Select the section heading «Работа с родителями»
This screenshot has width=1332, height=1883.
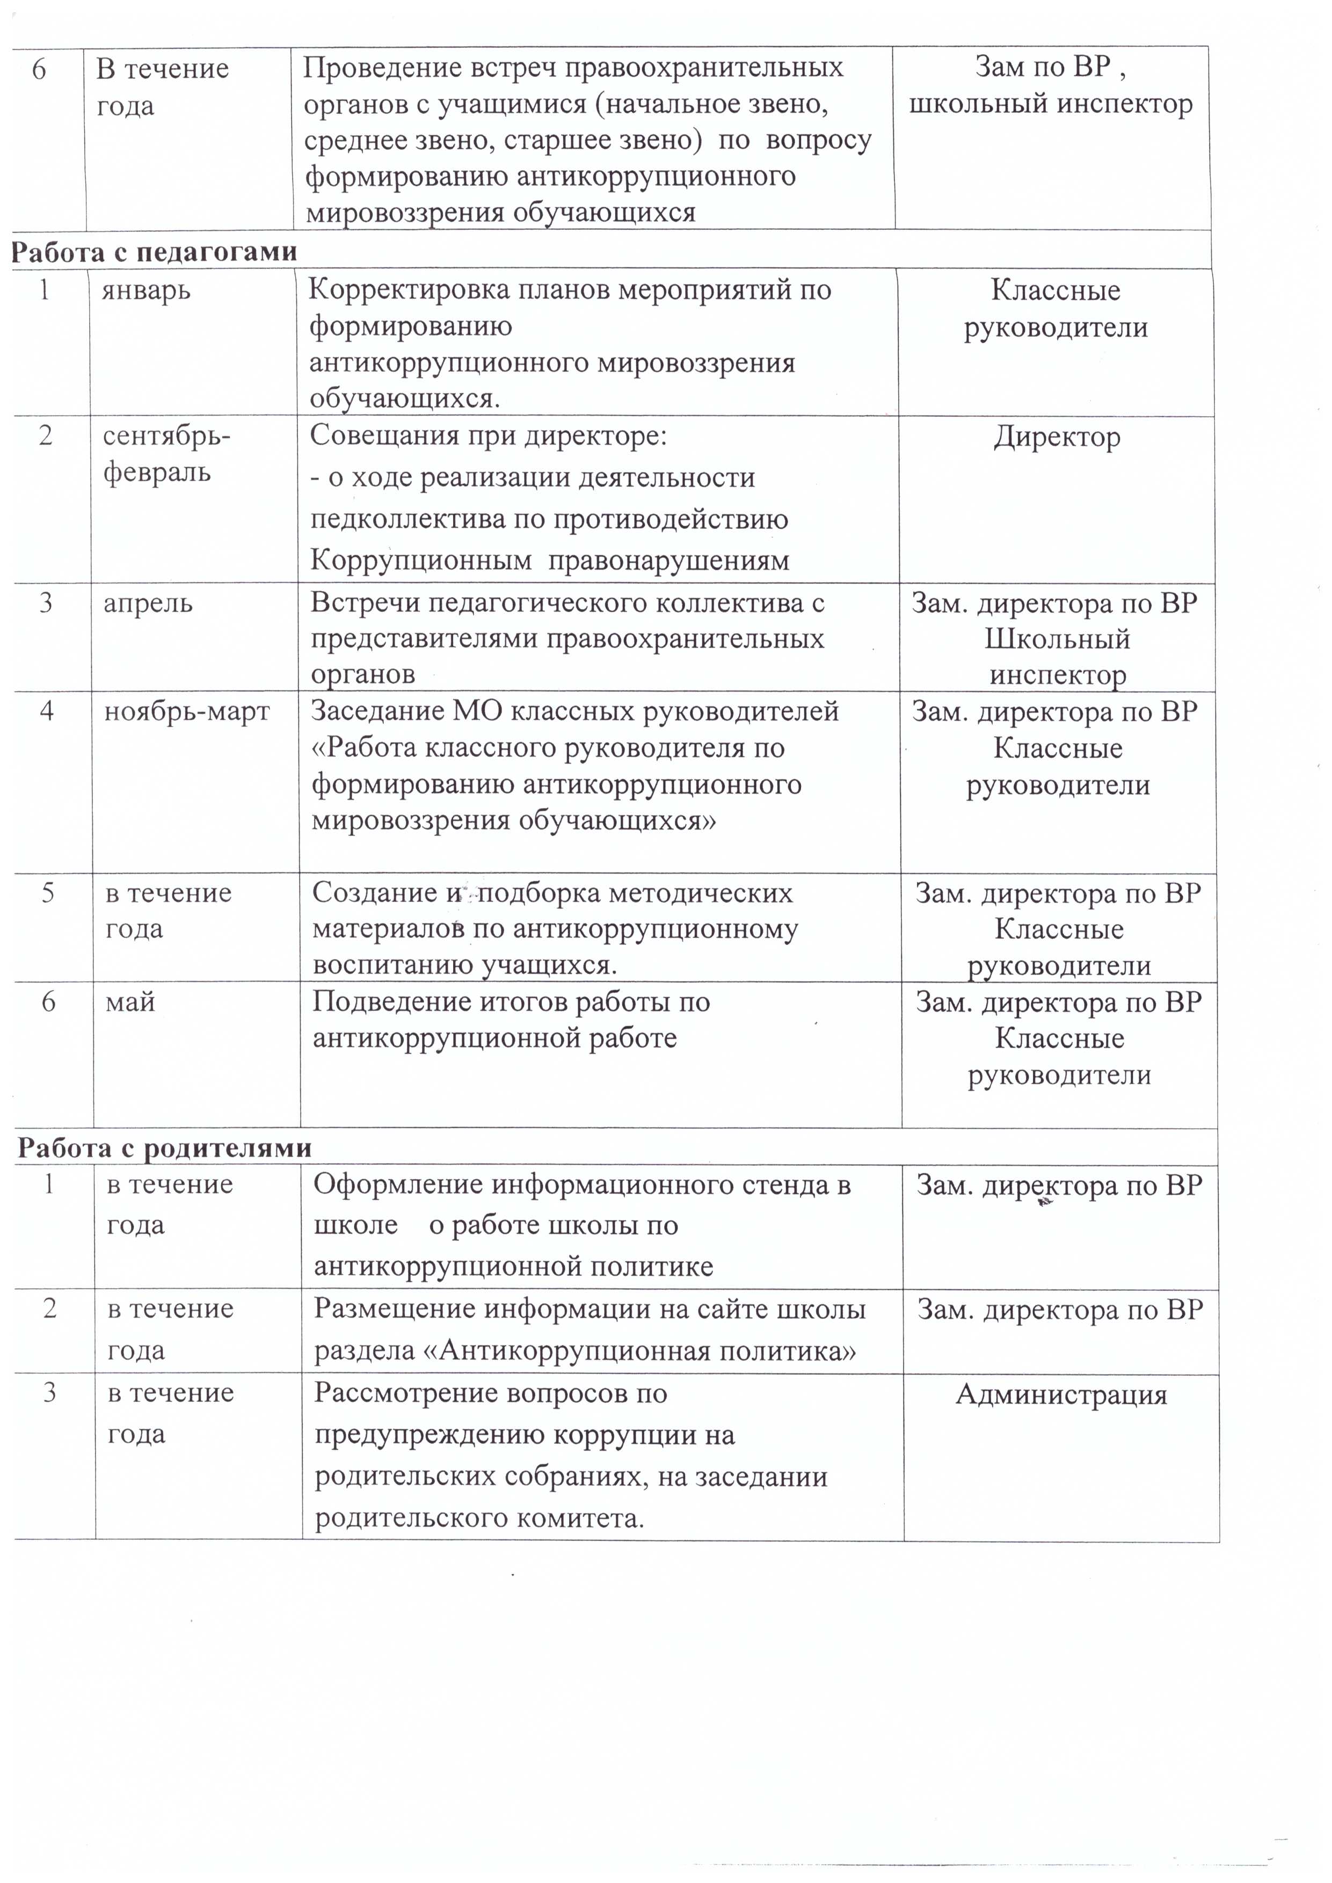tap(165, 1147)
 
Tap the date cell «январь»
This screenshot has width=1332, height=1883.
tap(146, 290)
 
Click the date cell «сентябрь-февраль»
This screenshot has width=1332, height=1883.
tap(166, 454)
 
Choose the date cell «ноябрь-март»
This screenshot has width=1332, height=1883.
tap(187, 711)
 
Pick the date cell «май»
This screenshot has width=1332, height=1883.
tap(130, 1002)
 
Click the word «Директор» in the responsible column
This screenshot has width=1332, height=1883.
tap(1057, 437)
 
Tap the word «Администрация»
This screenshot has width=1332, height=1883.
tap(1061, 1394)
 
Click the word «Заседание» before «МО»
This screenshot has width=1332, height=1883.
tap(377, 711)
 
